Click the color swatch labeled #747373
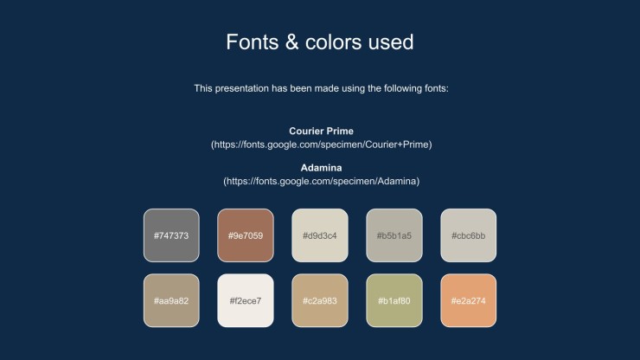[171, 235]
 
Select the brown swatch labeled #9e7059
[246, 235]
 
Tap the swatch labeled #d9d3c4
[320, 235]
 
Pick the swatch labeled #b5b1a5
[394, 235]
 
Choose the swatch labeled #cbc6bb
[469, 235]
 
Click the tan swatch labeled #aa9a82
[171, 301]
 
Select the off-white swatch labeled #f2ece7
[246, 301]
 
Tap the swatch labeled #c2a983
[320, 301]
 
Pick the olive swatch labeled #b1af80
[394, 301]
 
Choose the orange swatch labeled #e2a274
[469, 301]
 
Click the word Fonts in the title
[253, 42]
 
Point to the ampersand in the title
[291, 42]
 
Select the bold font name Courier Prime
[321, 132]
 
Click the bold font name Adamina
[321, 168]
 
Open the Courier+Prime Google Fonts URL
[321, 145]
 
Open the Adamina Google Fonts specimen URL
[321, 182]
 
